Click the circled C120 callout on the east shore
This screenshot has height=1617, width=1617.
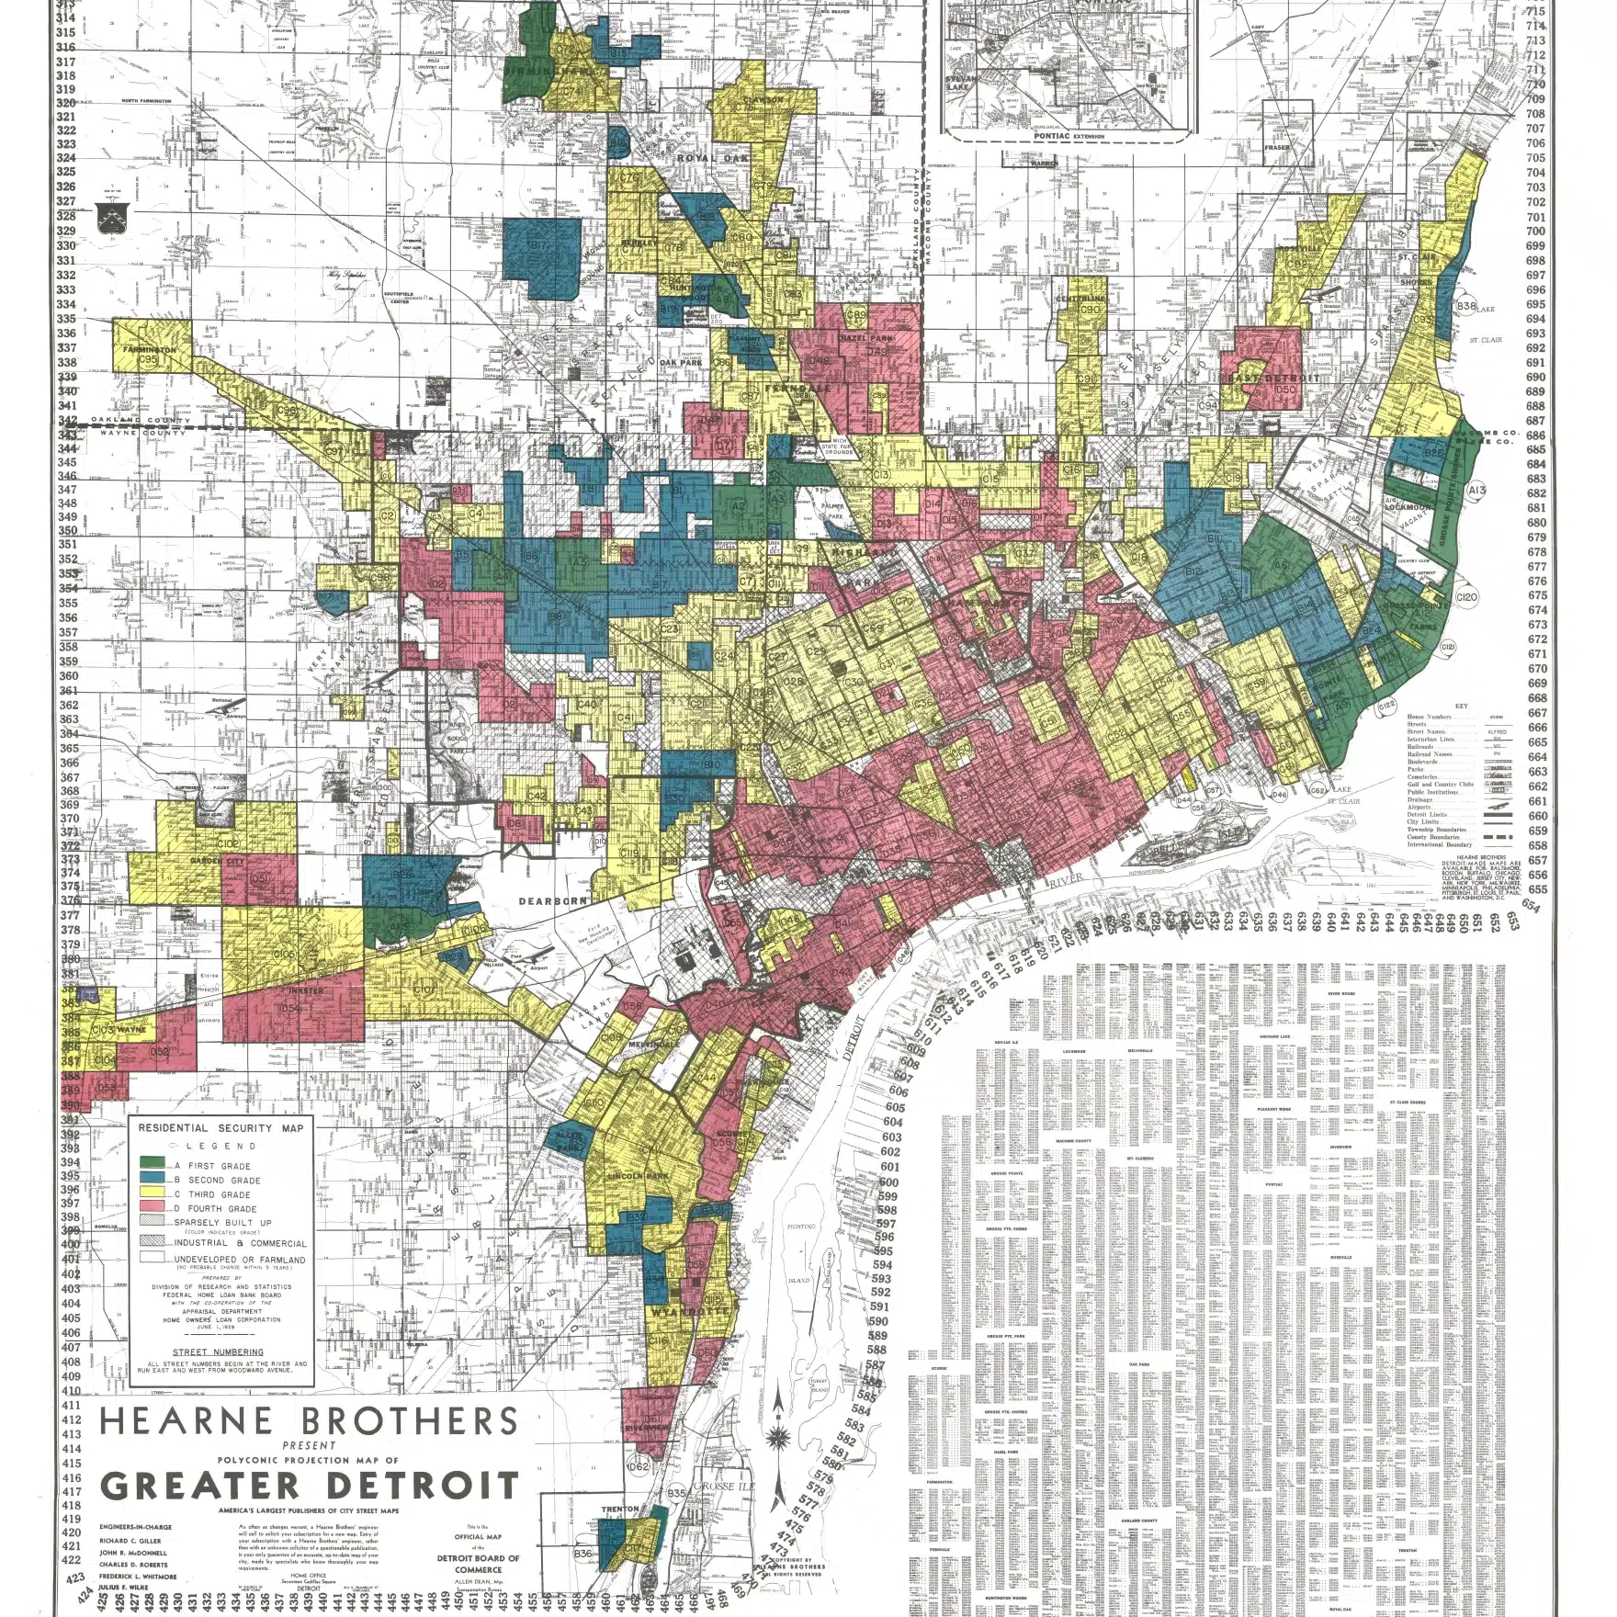[1467, 597]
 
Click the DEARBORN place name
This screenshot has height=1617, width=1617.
[553, 901]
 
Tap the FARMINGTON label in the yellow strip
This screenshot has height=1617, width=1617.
[147, 350]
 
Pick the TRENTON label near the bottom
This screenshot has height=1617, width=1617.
[620, 1535]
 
